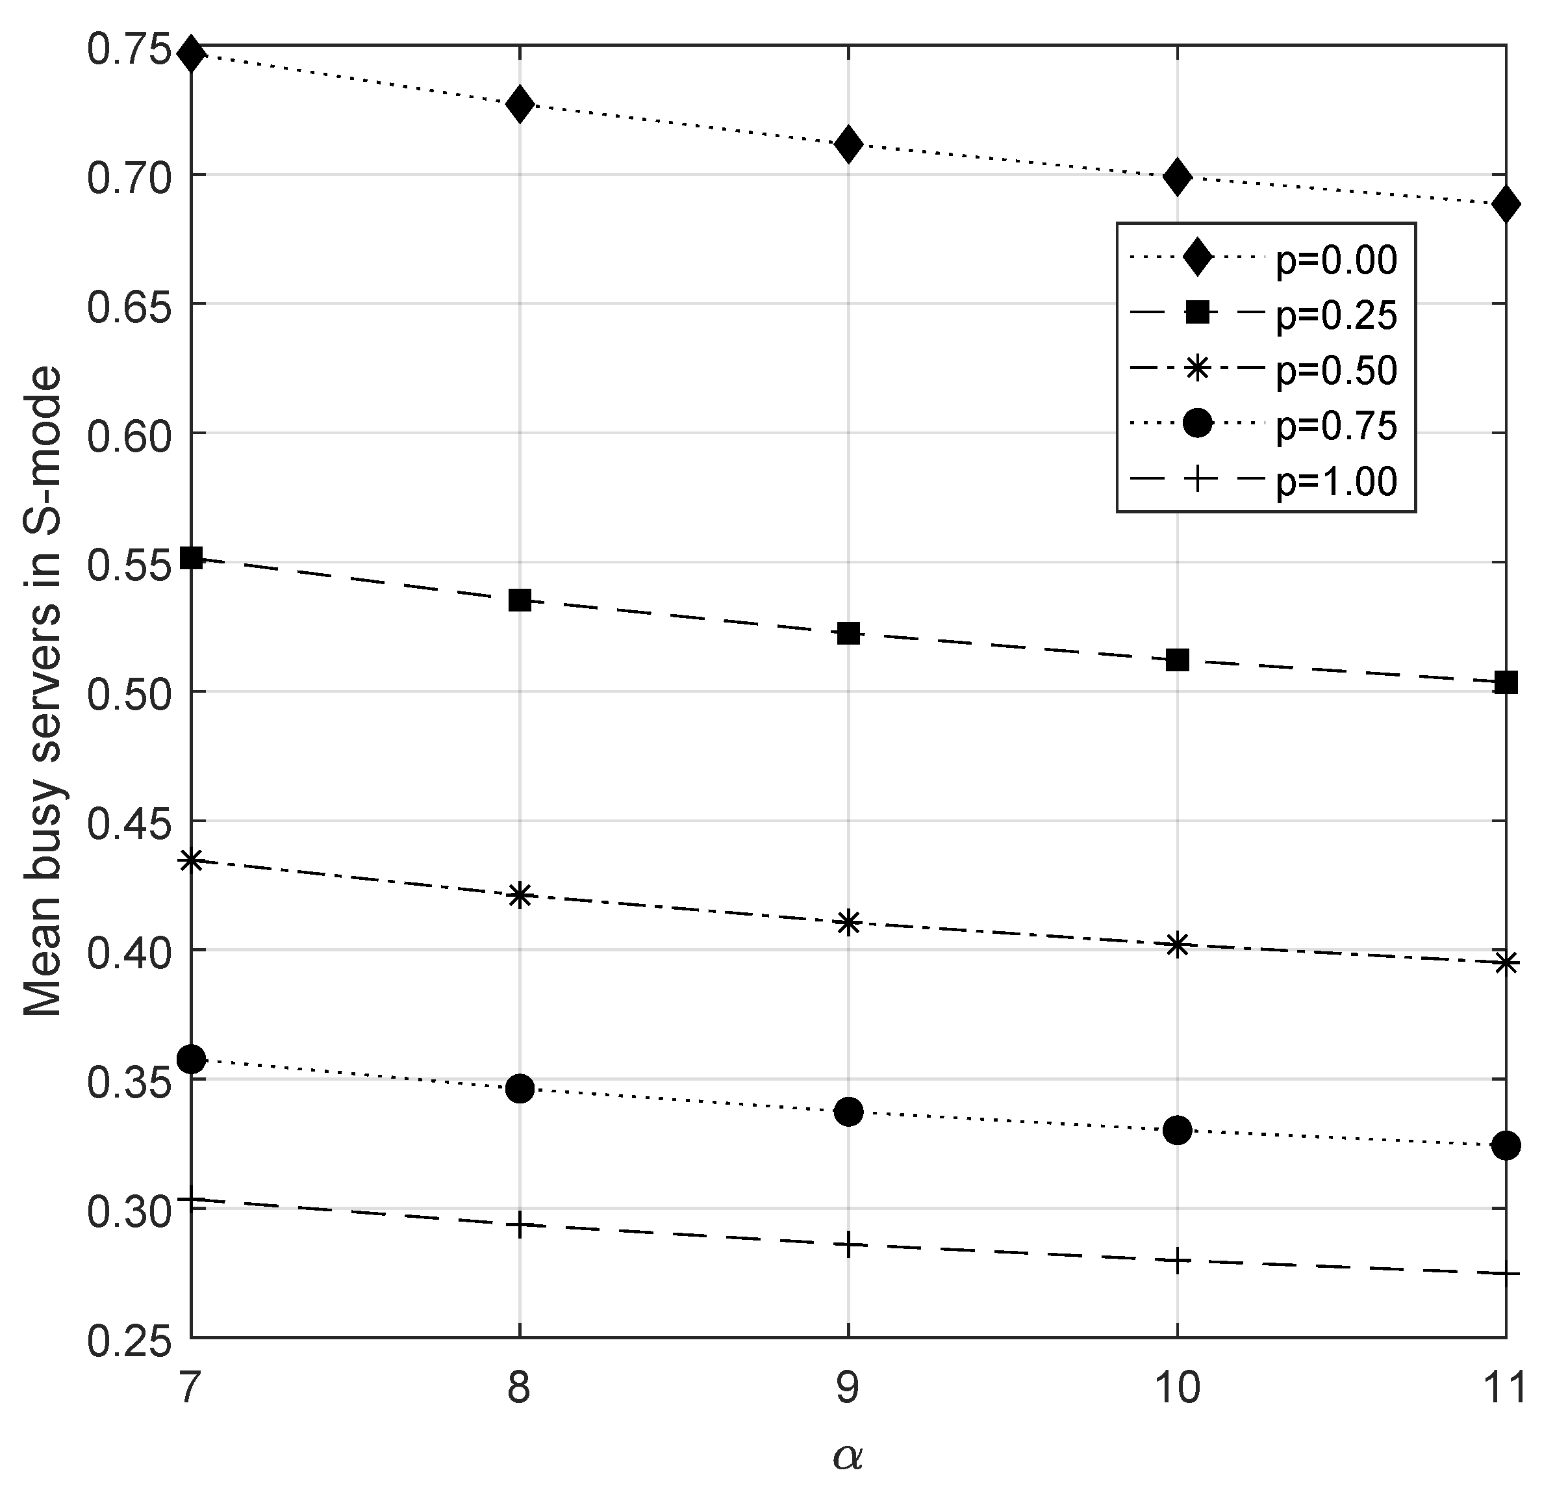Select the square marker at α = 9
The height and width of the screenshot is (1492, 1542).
(x=848, y=633)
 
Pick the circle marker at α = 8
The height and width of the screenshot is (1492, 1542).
(x=519, y=1089)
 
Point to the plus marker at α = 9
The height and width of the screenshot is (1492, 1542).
(x=848, y=1245)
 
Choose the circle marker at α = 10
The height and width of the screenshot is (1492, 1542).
(x=1177, y=1131)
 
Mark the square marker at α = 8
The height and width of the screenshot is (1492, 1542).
(x=519, y=601)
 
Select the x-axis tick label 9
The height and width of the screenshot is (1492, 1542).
(x=848, y=1389)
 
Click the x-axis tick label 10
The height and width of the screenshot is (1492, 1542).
(x=1177, y=1389)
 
